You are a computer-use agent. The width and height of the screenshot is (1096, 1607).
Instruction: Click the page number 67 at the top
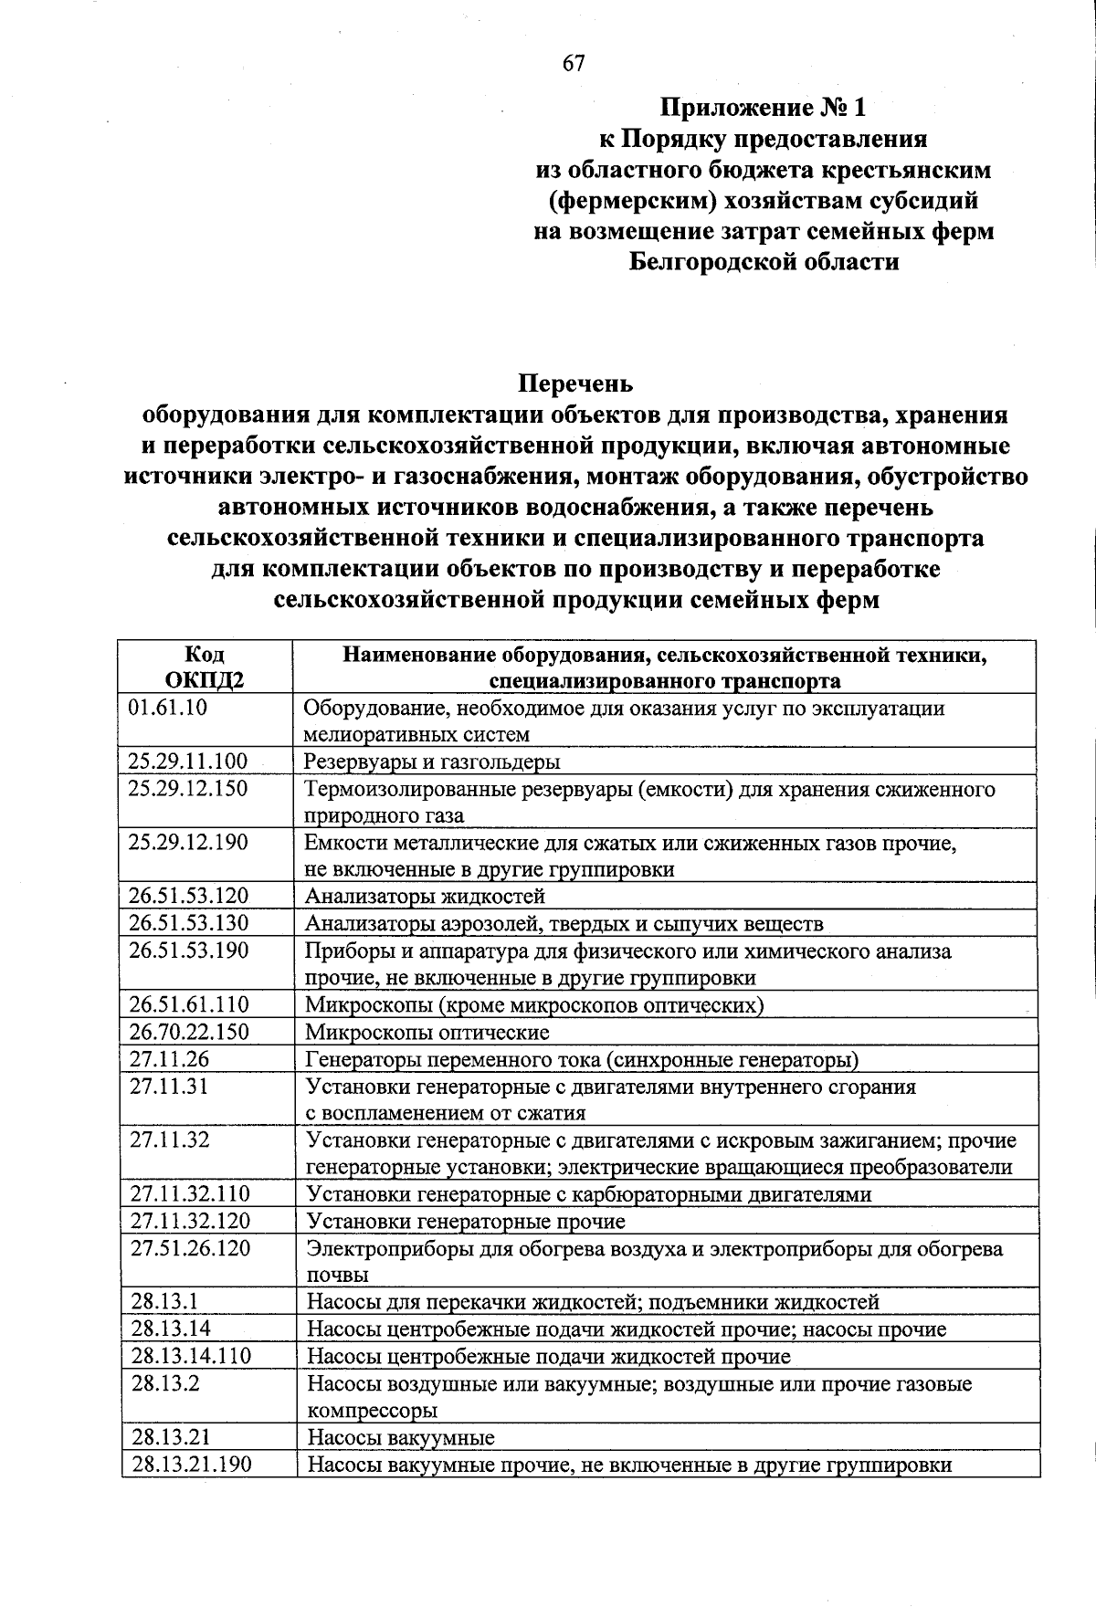point(574,64)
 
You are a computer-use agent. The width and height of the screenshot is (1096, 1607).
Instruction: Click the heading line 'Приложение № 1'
point(763,109)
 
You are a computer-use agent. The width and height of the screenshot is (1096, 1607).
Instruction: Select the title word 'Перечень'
point(575,383)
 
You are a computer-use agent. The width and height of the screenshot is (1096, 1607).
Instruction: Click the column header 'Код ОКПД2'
point(205,667)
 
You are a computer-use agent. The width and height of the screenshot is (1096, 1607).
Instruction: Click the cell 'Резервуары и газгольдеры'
point(432,761)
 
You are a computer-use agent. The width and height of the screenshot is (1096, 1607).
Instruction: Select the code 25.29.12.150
point(188,788)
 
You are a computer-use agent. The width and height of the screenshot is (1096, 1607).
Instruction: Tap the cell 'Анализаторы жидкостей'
point(425,896)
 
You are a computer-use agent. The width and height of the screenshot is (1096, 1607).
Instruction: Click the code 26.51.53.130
point(188,923)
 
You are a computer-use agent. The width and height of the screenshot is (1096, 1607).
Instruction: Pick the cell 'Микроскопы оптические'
point(427,1033)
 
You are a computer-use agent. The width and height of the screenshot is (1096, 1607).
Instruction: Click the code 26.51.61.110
point(188,1004)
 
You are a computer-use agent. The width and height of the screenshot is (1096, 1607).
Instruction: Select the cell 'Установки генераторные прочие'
point(466,1221)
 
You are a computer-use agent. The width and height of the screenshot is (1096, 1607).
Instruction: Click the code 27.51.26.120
point(190,1248)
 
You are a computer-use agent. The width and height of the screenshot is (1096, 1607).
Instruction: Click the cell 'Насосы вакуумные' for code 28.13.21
point(401,1438)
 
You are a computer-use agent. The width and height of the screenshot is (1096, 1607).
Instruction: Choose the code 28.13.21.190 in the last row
point(191,1465)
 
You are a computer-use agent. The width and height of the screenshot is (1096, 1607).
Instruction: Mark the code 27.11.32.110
point(190,1193)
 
